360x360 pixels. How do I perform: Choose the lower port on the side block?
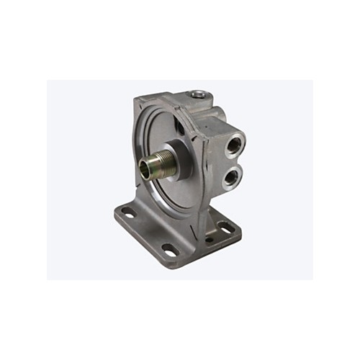230,176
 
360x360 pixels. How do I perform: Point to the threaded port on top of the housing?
197,94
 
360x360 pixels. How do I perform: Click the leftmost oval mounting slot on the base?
128,212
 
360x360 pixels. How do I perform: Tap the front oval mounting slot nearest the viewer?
170,249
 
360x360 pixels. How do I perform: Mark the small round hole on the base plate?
209,239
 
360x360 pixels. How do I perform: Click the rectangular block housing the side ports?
223,151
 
